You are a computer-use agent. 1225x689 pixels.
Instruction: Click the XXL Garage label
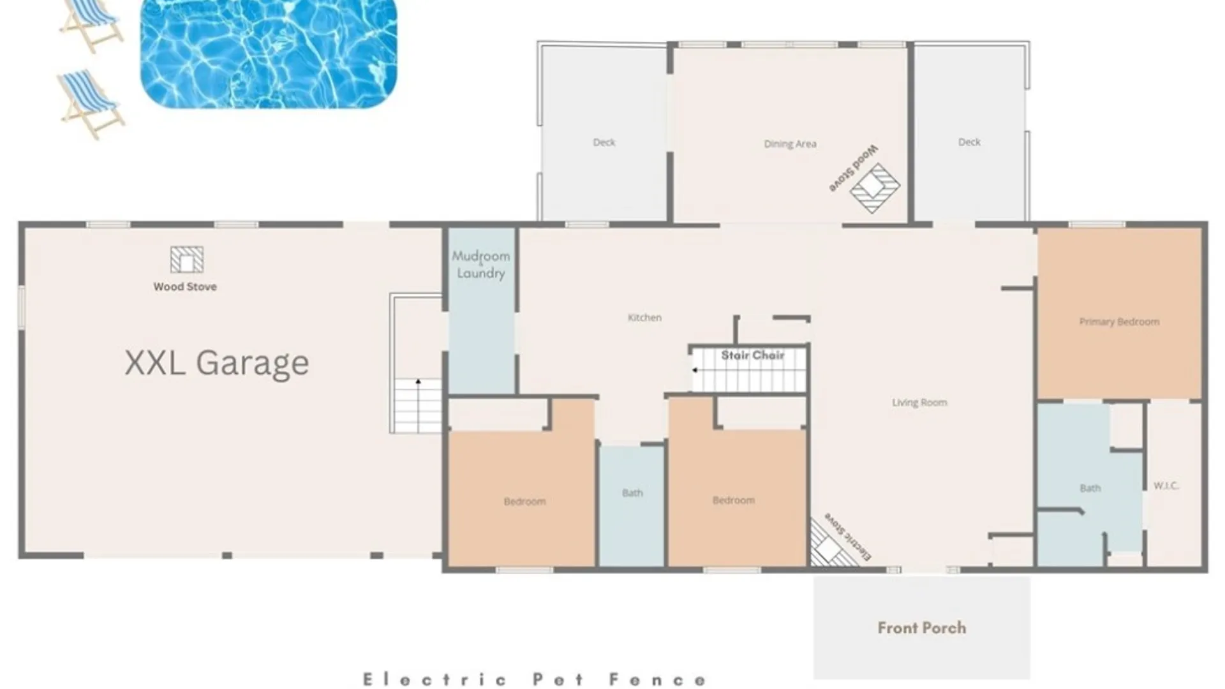tap(217, 364)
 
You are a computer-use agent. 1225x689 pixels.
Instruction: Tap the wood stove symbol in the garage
tap(187, 260)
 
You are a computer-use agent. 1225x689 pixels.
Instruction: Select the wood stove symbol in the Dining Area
tap(875, 188)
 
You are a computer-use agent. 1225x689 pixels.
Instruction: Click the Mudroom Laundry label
tap(481, 265)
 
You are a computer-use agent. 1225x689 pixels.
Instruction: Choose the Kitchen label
tap(644, 317)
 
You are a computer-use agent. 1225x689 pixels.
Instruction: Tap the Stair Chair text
tap(753, 355)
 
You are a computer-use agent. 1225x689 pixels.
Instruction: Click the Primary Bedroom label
tap(1119, 322)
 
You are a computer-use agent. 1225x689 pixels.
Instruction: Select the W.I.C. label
tap(1166, 485)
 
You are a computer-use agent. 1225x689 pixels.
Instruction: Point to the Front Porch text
tap(922, 628)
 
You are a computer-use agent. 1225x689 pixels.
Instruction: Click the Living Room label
tap(919, 403)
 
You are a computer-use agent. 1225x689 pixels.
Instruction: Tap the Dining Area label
tap(790, 144)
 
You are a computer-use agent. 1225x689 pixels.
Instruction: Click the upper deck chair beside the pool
tap(91, 24)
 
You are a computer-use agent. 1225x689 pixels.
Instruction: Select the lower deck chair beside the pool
tap(91, 104)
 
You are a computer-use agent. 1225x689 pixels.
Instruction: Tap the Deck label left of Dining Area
tap(604, 142)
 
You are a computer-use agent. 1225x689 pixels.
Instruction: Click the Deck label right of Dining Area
tap(969, 142)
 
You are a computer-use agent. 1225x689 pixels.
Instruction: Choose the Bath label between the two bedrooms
tap(632, 493)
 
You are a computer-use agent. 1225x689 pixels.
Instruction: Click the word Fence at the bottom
tap(658, 680)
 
